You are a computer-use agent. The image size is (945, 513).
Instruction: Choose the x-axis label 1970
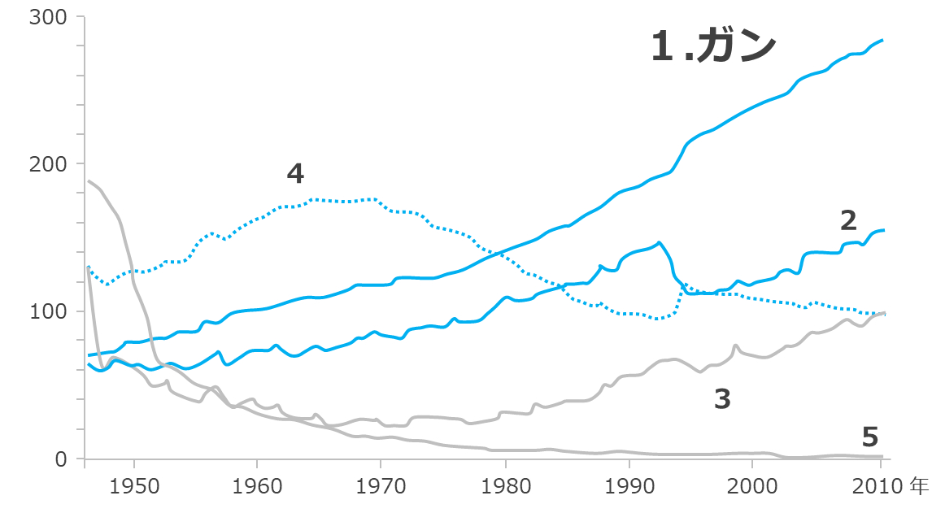[381, 487]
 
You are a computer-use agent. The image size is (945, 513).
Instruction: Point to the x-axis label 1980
[504, 487]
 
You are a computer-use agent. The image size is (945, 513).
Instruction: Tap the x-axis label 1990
[628, 487]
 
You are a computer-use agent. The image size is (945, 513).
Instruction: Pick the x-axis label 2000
[751, 487]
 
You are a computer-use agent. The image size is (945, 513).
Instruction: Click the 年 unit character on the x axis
[919, 487]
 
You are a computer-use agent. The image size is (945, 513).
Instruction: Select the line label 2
[848, 220]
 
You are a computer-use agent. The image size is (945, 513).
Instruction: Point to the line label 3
[722, 398]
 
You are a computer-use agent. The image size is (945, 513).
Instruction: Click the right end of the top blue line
[882, 40]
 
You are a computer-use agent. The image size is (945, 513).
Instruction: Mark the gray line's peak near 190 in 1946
[88, 180]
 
